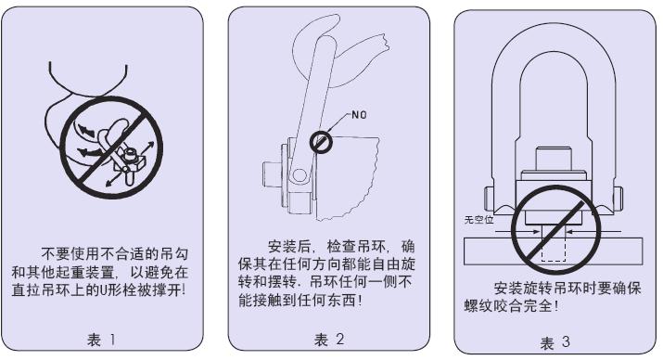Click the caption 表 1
101,340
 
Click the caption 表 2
329,340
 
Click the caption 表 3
555,342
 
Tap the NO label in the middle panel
359,115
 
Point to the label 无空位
478,220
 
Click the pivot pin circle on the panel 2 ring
300,174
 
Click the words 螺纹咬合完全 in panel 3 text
508,305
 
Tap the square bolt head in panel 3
554,159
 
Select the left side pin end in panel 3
489,200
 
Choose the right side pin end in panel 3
618,200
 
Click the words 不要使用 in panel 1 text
71,253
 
